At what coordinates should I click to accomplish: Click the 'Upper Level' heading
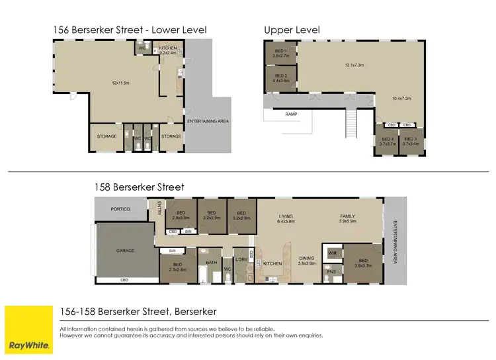(292, 30)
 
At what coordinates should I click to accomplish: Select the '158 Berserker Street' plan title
(122, 187)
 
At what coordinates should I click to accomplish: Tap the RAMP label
(292, 114)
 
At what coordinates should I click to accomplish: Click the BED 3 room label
(412, 140)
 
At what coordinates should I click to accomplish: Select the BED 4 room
(387, 140)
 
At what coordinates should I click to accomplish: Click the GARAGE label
(126, 251)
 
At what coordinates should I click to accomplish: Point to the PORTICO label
(121, 209)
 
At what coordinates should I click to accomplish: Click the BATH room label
(212, 263)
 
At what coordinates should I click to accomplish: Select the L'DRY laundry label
(241, 259)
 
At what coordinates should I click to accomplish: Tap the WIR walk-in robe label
(332, 252)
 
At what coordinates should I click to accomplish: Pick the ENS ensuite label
(331, 271)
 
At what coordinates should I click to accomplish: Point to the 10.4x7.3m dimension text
(401, 99)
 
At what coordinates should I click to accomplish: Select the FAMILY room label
(347, 216)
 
